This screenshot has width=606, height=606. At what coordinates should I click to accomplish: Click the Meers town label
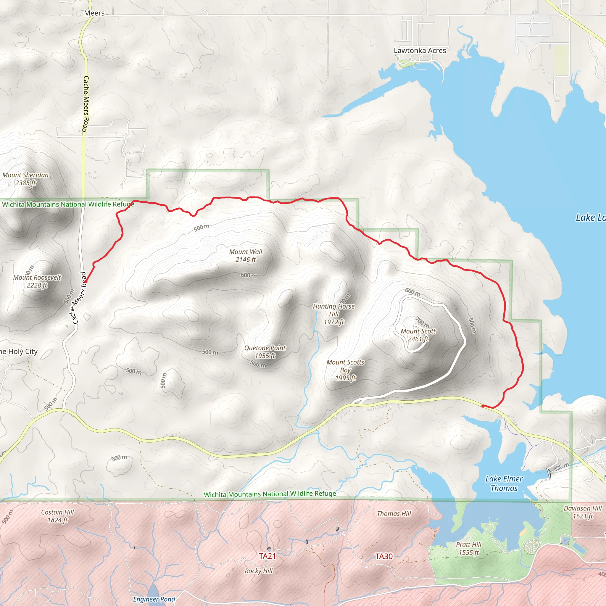94,13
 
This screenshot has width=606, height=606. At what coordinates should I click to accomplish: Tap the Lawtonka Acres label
420,51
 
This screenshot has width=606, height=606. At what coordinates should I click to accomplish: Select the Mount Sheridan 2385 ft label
25,179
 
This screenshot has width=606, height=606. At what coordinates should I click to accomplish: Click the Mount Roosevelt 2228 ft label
37,281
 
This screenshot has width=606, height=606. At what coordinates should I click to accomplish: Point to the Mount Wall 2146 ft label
246,255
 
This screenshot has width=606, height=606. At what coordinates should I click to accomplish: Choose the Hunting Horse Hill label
334,314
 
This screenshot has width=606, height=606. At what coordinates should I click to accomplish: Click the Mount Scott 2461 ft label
418,335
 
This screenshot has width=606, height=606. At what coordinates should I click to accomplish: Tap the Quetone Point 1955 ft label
265,352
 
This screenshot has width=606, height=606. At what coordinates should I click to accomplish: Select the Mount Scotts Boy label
345,370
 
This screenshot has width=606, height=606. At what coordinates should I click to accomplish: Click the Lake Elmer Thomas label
504,483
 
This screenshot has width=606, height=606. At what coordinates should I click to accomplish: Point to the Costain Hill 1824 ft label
57,516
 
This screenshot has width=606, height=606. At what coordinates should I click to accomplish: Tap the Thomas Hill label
394,513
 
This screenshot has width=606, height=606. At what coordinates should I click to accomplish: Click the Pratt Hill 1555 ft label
469,549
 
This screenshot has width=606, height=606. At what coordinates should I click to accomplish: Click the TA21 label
267,556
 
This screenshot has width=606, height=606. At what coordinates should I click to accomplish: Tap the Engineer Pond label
154,599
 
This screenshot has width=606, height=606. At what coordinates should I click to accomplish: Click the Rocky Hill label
258,571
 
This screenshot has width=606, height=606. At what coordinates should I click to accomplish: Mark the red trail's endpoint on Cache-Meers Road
86,282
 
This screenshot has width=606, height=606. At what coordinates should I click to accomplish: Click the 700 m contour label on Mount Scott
422,323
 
